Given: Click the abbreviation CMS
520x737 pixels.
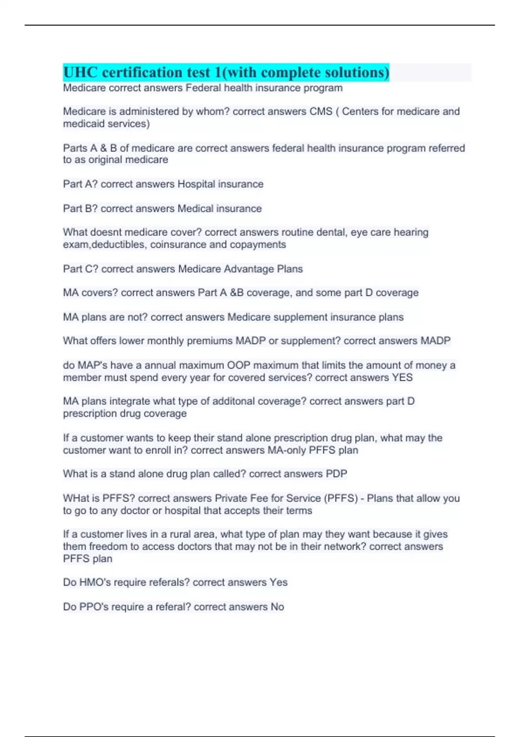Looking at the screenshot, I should (x=321, y=111).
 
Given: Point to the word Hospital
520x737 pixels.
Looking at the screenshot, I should (x=196, y=184).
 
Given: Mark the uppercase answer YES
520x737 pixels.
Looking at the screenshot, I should (x=402, y=378).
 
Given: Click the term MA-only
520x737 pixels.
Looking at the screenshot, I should (x=286, y=450).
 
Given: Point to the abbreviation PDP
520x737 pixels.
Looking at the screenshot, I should (x=336, y=474).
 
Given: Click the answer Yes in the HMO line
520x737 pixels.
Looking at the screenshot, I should (x=279, y=582).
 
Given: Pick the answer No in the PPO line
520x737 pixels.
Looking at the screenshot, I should (x=277, y=607).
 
